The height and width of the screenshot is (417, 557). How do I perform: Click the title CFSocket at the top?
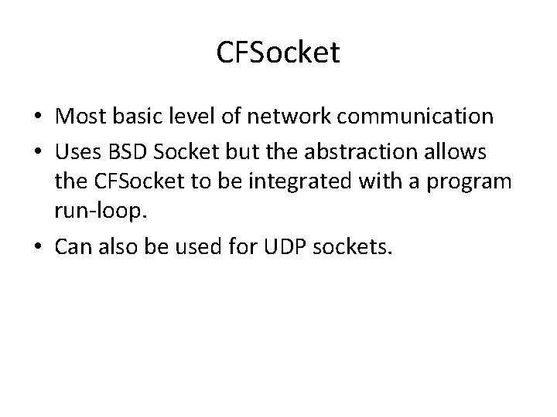(278, 54)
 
